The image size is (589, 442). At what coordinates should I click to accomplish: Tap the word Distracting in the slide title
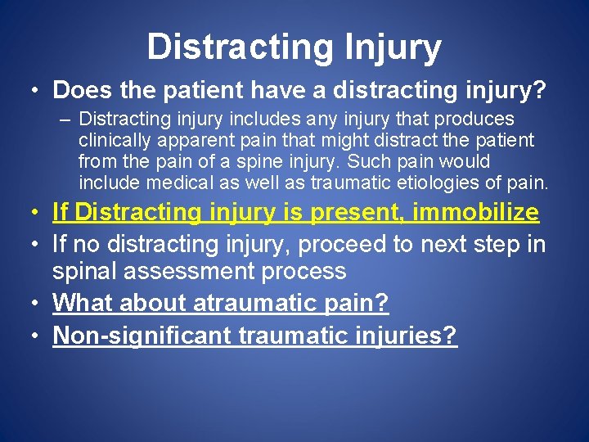(240, 47)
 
